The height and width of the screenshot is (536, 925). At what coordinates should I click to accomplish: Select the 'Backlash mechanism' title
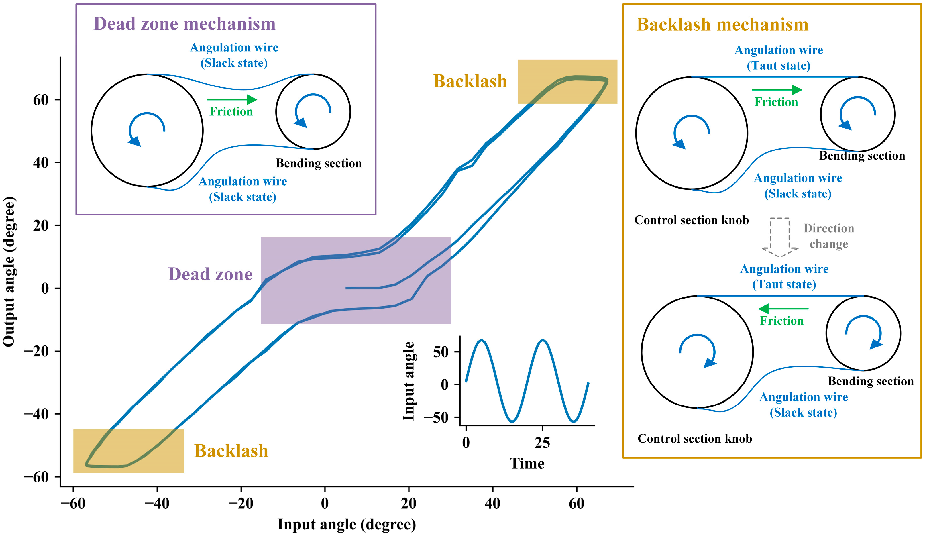722,25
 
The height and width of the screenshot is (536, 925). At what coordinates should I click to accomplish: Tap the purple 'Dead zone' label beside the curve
210,274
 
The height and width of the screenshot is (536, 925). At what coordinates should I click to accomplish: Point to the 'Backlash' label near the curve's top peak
470,81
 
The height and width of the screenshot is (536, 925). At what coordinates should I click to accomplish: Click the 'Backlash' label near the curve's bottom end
231,451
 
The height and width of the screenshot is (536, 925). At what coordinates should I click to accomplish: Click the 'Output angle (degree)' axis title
9,272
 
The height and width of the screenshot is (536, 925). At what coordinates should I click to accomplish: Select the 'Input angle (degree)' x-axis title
347,524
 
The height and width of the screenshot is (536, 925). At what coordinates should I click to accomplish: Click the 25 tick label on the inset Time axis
542,443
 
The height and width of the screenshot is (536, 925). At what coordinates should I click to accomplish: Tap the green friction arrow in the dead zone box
232,99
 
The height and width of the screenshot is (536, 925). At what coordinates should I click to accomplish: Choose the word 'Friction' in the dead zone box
231,112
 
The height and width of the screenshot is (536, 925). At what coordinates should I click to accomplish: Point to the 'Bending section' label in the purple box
319,163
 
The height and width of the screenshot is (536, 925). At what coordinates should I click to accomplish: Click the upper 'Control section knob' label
691,220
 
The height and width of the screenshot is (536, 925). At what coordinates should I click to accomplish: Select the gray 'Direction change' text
828,236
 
